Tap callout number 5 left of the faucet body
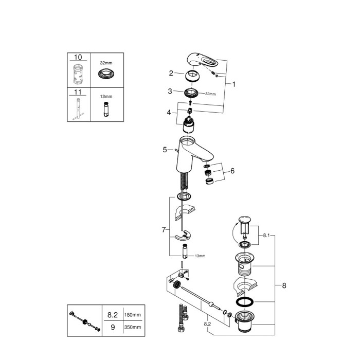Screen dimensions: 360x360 coord(165,150)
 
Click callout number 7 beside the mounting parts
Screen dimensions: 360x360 coord(164,230)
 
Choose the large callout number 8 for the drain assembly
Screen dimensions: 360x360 coord(283,284)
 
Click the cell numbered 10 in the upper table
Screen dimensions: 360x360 coord(78,57)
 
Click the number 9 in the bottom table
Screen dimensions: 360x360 coord(112,327)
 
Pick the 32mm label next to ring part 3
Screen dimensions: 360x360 coord(211,94)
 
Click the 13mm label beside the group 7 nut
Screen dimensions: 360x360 coord(200,256)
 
